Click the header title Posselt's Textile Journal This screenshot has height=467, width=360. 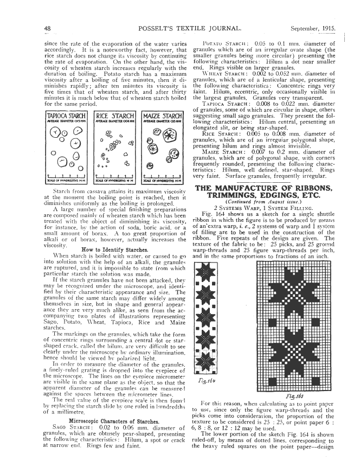pyautogui.click(x=177, y=28)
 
